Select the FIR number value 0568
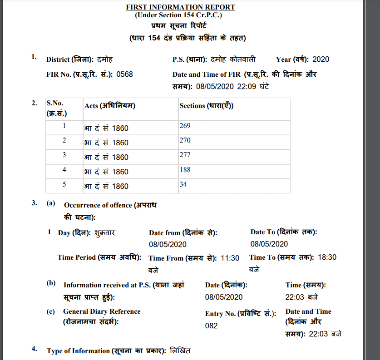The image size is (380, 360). tap(124, 74)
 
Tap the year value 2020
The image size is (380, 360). tap(321, 59)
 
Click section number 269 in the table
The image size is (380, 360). tap(185, 125)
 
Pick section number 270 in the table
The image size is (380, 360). tap(185, 140)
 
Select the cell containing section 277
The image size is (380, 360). tap(185, 155)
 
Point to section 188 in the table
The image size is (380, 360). tap(185, 169)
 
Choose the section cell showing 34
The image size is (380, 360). tap(183, 184)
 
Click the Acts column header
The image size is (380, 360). tap(110, 106)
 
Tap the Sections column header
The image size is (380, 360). tap(207, 106)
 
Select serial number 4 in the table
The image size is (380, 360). tap(64, 170)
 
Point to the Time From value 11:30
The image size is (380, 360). tap(230, 258)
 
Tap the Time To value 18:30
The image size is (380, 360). tap(327, 257)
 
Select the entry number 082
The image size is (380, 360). tap(212, 325)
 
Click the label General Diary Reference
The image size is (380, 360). tap(102, 311)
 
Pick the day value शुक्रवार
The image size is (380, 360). tap(105, 233)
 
